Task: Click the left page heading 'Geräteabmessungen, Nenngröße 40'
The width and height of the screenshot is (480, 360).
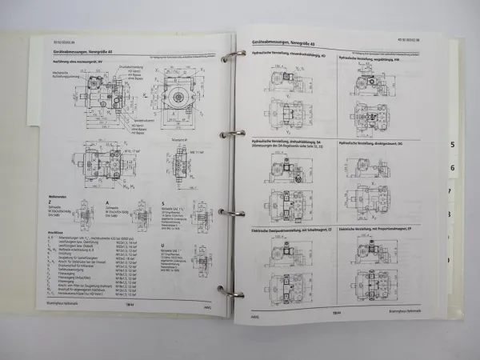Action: point(77,51)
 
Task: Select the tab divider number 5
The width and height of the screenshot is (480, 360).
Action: point(453,145)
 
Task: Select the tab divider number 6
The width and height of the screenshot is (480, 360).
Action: point(453,168)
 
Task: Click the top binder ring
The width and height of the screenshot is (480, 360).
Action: point(234,55)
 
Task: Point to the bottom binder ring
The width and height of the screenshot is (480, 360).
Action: point(233,292)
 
